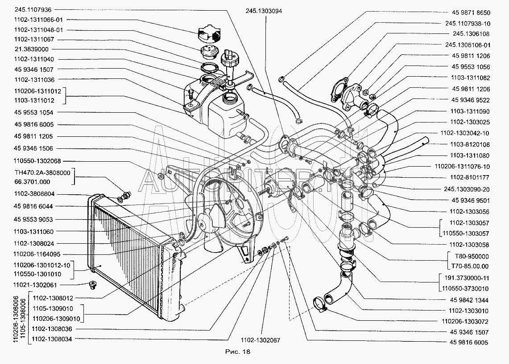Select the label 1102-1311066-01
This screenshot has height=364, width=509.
(38, 19)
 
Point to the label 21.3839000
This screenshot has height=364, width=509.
(31, 49)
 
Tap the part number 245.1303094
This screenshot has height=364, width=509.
(263, 11)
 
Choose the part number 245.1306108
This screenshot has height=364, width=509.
(471, 33)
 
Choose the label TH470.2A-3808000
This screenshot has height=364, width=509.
(38, 172)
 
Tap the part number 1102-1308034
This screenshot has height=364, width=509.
(53, 339)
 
